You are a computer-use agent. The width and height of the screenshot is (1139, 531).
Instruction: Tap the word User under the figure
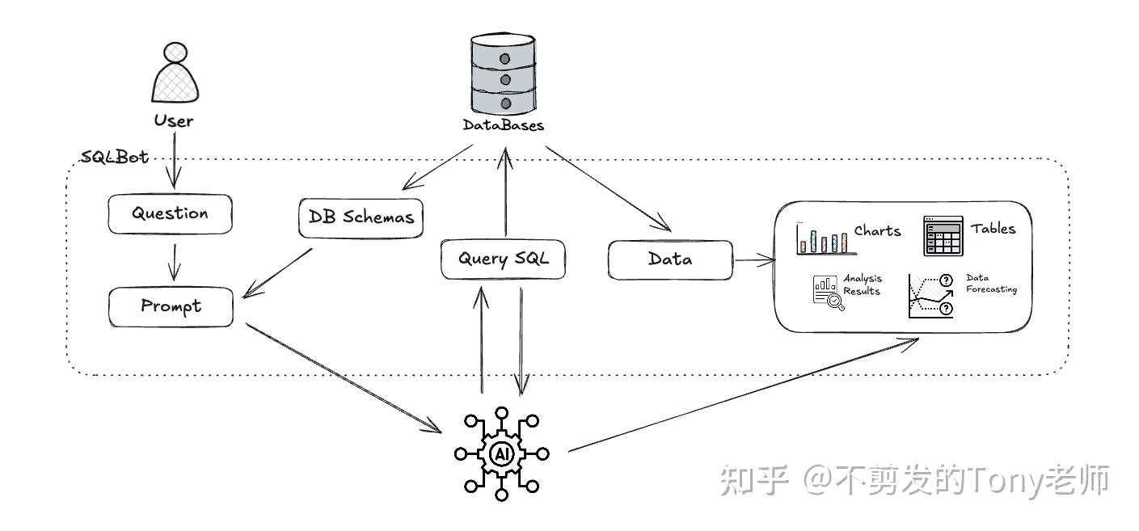[174, 121]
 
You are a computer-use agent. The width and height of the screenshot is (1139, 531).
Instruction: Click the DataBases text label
[503, 125]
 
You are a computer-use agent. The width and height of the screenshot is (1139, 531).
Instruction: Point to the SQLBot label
[115, 157]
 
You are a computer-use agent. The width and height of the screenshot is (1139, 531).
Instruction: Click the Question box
[170, 214]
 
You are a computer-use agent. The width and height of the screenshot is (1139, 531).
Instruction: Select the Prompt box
[171, 306]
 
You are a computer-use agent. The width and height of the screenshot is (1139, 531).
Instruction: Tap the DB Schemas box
[361, 217]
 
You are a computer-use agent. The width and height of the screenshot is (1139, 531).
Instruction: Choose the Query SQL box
[503, 259]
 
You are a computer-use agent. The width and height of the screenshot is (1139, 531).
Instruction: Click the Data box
[670, 259]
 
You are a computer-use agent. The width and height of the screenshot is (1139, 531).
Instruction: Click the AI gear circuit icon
[501, 453]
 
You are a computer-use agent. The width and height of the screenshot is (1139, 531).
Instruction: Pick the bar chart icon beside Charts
[821, 238]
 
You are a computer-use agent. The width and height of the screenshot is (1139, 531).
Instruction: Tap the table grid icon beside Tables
[943, 236]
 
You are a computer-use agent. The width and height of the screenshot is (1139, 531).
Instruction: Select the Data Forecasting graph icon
[930, 296]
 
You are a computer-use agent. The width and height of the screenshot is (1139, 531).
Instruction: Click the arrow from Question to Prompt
[172, 259]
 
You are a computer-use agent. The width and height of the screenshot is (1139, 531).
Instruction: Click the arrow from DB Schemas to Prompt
[279, 272]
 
